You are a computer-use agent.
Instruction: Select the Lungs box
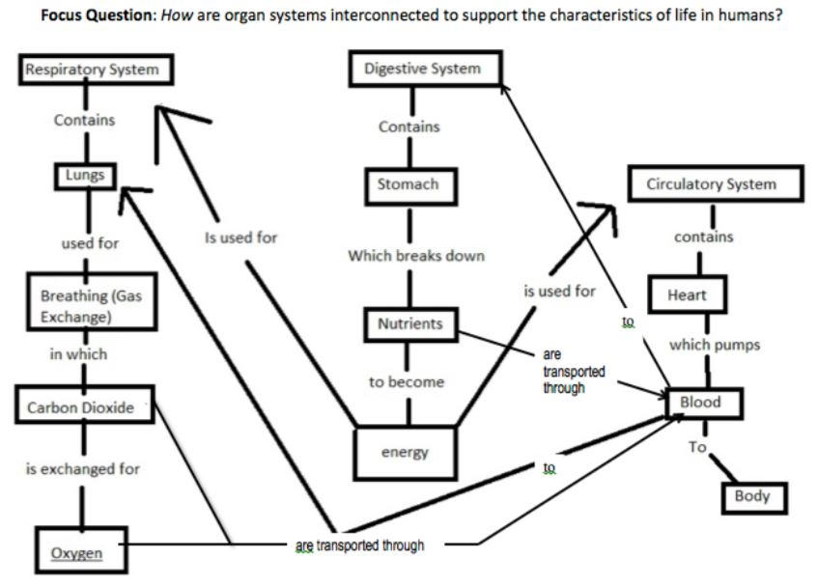tap(85, 176)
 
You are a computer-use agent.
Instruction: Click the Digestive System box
tap(421, 69)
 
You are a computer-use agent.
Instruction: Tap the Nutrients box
tap(410, 324)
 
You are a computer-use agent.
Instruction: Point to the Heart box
tap(688, 294)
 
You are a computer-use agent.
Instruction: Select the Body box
tap(752, 496)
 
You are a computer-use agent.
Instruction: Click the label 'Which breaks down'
tap(416, 257)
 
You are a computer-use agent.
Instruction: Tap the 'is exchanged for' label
tap(82, 469)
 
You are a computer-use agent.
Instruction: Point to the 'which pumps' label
tap(714, 345)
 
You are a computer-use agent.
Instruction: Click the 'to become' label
tap(407, 382)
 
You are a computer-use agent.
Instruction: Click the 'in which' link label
tap(78, 354)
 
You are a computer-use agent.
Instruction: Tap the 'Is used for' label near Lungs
tap(241, 237)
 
